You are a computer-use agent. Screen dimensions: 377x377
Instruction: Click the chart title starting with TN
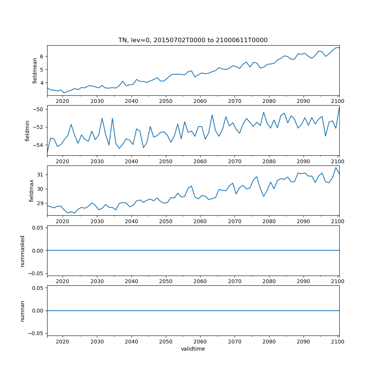click(193, 40)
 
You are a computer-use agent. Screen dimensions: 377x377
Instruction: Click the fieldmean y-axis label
click(35, 70)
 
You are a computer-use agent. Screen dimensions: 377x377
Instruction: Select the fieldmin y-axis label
click(27, 130)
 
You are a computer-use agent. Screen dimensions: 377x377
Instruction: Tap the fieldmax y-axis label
click(32, 190)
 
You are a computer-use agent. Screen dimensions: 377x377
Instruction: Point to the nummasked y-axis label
click(23, 251)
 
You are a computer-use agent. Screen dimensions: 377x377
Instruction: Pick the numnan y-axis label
click(23, 311)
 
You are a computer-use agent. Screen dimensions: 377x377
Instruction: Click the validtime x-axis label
click(193, 349)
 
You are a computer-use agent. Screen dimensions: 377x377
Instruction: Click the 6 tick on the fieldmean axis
click(42, 57)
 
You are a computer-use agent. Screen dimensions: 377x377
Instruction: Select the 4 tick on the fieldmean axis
click(42, 83)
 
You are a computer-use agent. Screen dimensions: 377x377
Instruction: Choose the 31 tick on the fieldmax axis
click(40, 175)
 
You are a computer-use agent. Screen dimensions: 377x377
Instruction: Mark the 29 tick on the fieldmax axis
click(40, 204)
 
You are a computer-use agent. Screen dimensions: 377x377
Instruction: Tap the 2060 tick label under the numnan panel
click(200, 341)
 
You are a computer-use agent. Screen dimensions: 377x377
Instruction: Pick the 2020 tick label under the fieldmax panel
click(63, 221)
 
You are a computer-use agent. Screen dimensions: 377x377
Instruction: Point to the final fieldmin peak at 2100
click(339, 108)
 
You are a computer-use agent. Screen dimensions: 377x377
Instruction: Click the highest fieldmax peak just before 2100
click(336, 168)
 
